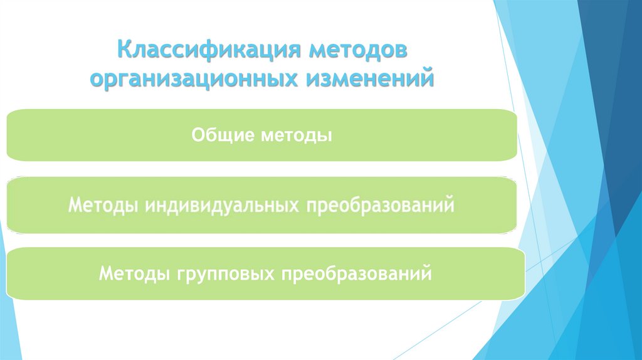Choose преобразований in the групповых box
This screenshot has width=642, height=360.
pos(357,274)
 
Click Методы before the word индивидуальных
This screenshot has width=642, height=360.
pos(103,205)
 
